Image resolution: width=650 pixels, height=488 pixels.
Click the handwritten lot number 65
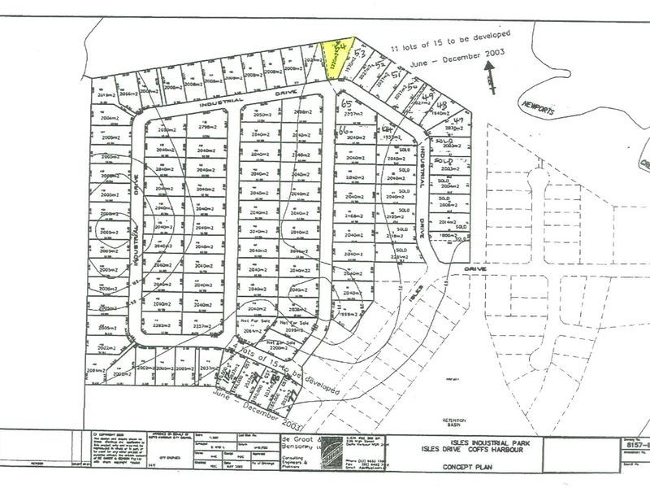[x=348, y=105]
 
